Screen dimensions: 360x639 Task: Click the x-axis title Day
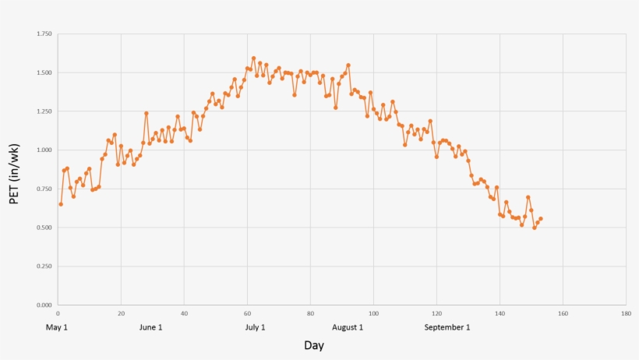[314, 345]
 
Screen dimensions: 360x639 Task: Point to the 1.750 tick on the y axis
[44, 34]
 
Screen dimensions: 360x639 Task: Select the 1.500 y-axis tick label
[44, 73]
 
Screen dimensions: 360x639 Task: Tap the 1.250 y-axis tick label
[44, 111]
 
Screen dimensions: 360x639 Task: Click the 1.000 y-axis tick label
[44, 150]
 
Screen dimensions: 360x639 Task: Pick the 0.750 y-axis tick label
[44, 189]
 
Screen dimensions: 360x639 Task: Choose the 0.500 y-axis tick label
[44, 228]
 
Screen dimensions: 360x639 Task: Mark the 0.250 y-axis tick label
[44, 266]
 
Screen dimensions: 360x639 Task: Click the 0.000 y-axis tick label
[44, 305]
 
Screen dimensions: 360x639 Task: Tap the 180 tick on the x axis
[626, 313]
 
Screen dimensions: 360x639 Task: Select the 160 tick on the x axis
[563, 313]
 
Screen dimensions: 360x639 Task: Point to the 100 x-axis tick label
[373, 313]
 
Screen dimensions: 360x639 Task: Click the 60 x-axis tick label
[247, 313]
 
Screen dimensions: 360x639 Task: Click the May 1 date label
[58, 327]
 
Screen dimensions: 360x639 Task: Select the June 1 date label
[150, 327]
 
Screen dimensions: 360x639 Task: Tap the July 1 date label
[255, 327]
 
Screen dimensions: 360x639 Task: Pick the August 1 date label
[348, 327]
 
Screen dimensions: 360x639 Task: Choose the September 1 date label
[447, 327]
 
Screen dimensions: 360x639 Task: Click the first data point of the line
[61, 204]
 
